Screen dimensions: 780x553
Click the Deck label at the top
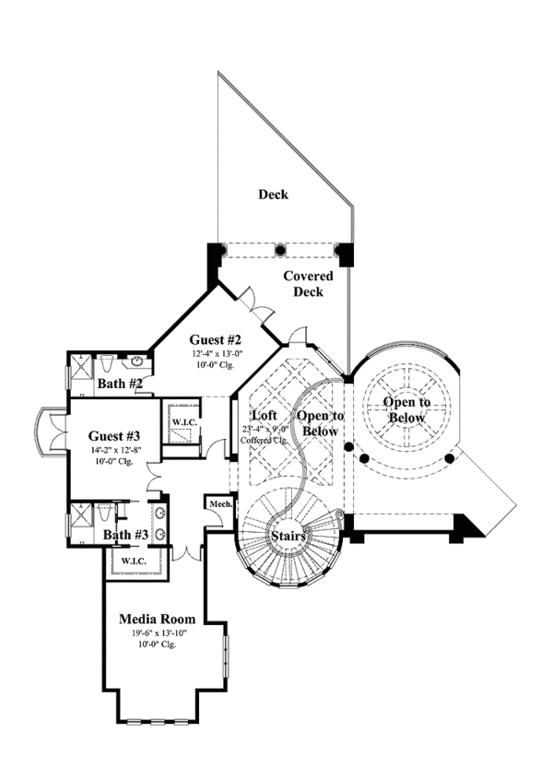[x=273, y=195]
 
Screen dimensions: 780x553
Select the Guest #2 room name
[x=215, y=339]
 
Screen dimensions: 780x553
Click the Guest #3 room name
[x=114, y=436]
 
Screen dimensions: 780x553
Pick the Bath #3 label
[x=123, y=535]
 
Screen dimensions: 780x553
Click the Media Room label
[x=154, y=619]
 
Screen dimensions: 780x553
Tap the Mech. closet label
[x=219, y=504]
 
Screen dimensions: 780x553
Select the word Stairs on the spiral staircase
[x=288, y=535]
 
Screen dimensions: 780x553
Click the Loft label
[x=265, y=416]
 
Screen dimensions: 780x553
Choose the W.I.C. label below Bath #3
[x=135, y=560]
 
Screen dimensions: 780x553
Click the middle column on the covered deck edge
[x=279, y=249]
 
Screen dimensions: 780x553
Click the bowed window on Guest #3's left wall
[x=46, y=432]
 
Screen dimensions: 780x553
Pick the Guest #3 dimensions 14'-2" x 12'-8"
[x=114, y=450]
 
